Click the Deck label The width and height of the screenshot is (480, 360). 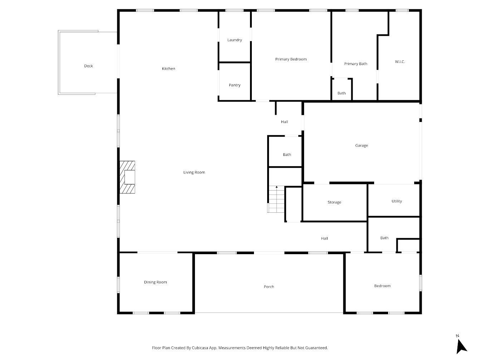[x=88, y=66]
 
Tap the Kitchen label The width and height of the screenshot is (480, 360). [x=168, y=69]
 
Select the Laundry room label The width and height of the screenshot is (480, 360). [x=235, y=40]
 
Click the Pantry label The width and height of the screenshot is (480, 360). [x=235, y=85]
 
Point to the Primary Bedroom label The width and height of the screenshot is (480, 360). [x=291, y=59]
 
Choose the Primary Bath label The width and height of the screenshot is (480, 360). [x=356, y=64]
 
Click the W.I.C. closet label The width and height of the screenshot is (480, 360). [x=400, y=62]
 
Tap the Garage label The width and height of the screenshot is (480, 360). [x=362, y=146]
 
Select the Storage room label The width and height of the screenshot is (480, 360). [x=334, y=202]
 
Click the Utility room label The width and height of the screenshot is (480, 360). [x=397, y=201]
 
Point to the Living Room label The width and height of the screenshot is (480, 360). [x=194, y=172]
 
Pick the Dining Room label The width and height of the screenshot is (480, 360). [x=156, y=282]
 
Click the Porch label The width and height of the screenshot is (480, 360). [x=269, y=287]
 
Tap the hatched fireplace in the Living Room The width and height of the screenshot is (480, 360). [x=127, y=177]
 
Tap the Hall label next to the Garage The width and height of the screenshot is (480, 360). [x=284, y=122]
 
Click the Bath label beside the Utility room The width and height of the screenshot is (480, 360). [x=384, y=238]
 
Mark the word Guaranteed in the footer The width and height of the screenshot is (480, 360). [x=317, y=348]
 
